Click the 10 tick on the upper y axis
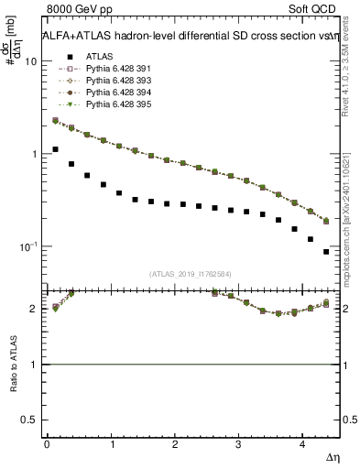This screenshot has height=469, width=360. (x=31, y=61)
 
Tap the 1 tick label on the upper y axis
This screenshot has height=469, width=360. (x=34, y=154)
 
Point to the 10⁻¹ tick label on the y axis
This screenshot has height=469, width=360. (x=28, y=246)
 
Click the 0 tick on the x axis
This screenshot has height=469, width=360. (x=47, y=444)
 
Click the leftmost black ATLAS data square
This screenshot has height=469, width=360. (x=55, y=149)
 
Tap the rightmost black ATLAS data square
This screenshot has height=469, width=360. (x=326, y=251)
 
